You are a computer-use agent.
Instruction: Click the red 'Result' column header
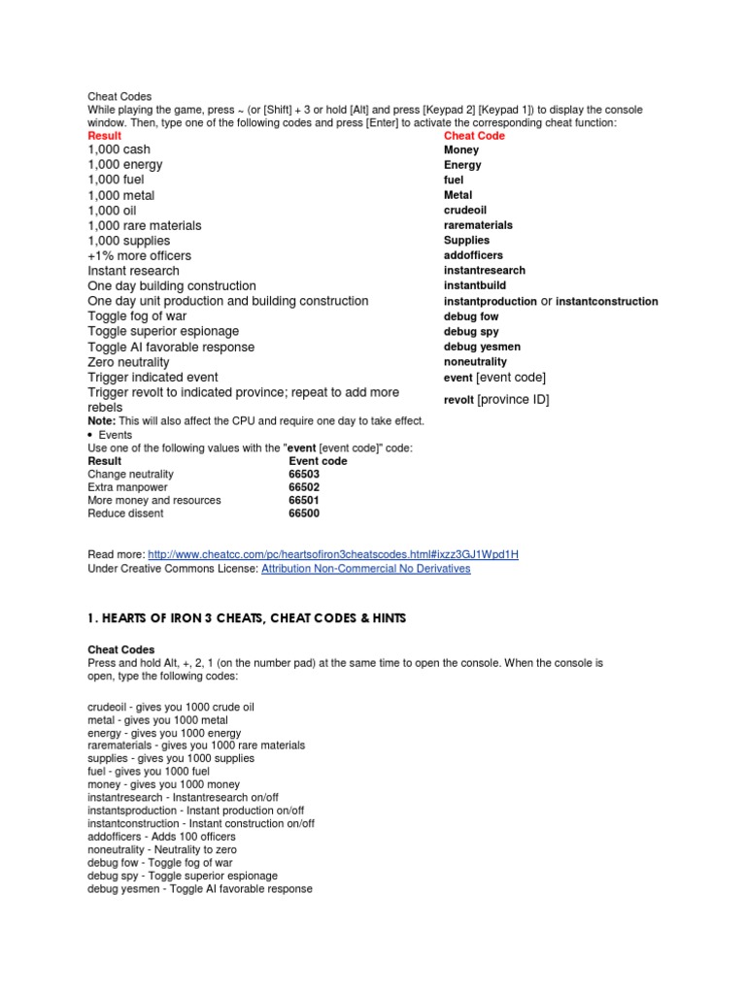(104, 136)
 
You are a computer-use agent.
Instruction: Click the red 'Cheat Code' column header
(474, 136)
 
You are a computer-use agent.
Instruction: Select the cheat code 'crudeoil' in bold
(465, 210)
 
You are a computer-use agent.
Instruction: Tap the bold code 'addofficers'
(473, 255)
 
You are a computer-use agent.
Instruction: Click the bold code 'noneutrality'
(476, 361)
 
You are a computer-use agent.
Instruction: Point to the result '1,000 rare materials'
(145, 225)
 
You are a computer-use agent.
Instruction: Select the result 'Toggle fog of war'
(137, 316)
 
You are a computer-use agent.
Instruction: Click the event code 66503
(304, 474)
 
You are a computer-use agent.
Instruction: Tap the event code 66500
(304, 514)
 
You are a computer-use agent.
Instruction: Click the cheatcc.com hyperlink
(333, 554)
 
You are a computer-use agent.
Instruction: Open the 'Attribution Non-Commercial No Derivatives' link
(365, 569)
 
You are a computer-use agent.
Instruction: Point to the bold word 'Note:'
(102, 421)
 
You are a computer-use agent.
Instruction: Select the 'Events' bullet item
(115, 435)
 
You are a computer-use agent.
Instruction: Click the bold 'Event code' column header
(318, 461)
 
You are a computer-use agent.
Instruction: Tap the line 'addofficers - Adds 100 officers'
(161, 837)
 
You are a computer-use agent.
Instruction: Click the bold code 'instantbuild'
(475, 285)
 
